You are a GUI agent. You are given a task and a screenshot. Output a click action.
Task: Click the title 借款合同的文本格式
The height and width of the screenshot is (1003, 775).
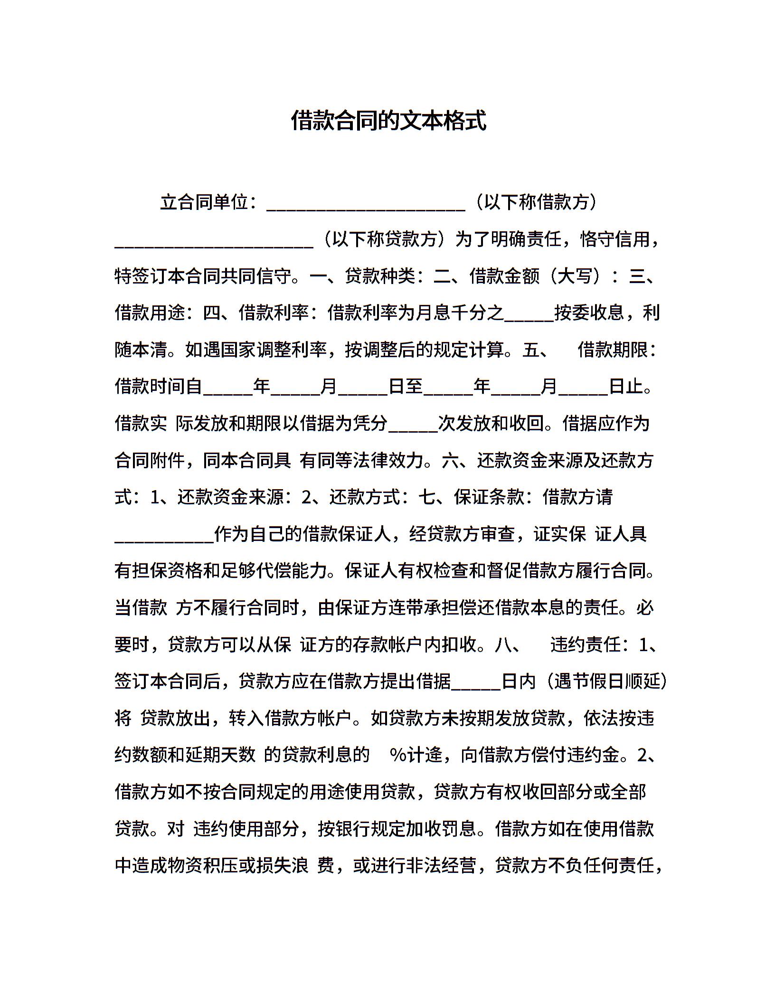[x=388, y=121]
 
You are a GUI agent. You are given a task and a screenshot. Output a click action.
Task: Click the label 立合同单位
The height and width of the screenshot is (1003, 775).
[x=204, y=203]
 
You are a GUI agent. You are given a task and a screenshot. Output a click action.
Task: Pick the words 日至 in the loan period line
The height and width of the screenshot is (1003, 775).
[x=406, y=387]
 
